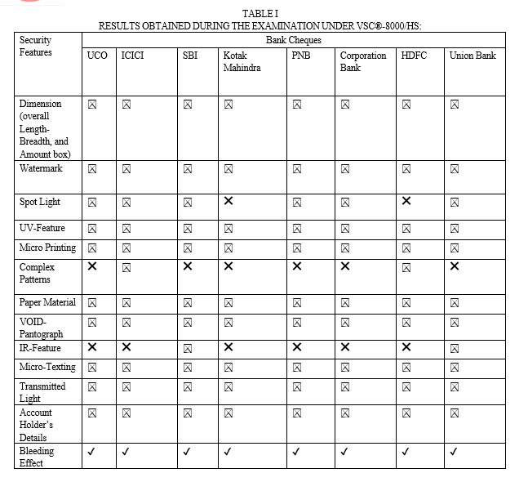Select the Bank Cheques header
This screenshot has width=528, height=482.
pyautogui.click(x=293, y=39)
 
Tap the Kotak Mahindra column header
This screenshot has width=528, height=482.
pyautogui.click(x=242, y=61)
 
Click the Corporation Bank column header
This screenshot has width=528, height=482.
pyautogui.click(x=362, y=61)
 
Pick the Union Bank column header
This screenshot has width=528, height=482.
pyautogui.click(x=473, y=56)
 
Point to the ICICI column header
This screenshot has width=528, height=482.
pyautogui.click(x=133, y=56)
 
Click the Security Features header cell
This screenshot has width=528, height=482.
pyautogui.click(x=36, y=46)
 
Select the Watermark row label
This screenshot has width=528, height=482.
pyautogui.click(x=41, y=168)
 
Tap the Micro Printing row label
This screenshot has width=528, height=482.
pyautogui.click(x=47, y=248)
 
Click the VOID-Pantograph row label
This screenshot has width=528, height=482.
pyautogui.click(x=41, y=328)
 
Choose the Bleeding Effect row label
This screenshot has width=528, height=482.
pyautogui.click(x=37, y=457)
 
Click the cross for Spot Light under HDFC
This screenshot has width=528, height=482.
pyautogui.click(x=406, y=201)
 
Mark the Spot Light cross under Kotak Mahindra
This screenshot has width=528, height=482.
pyautogui.click(x=229, y=201)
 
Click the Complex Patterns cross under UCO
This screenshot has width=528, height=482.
pyautogui.click(x=92, y=266)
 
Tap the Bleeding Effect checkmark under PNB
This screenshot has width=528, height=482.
pyautogui.click(x=296, y=451)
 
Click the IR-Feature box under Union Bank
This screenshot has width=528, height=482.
pyautogui.click(x=454, y=349)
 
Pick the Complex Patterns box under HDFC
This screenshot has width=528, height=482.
pyautogui.click(x=406, y=267)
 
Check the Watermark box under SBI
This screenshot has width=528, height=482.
pyautogui.click(x=188, y=169)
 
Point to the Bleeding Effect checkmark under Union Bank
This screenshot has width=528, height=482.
pyautogui.click(x=454, y=451)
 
